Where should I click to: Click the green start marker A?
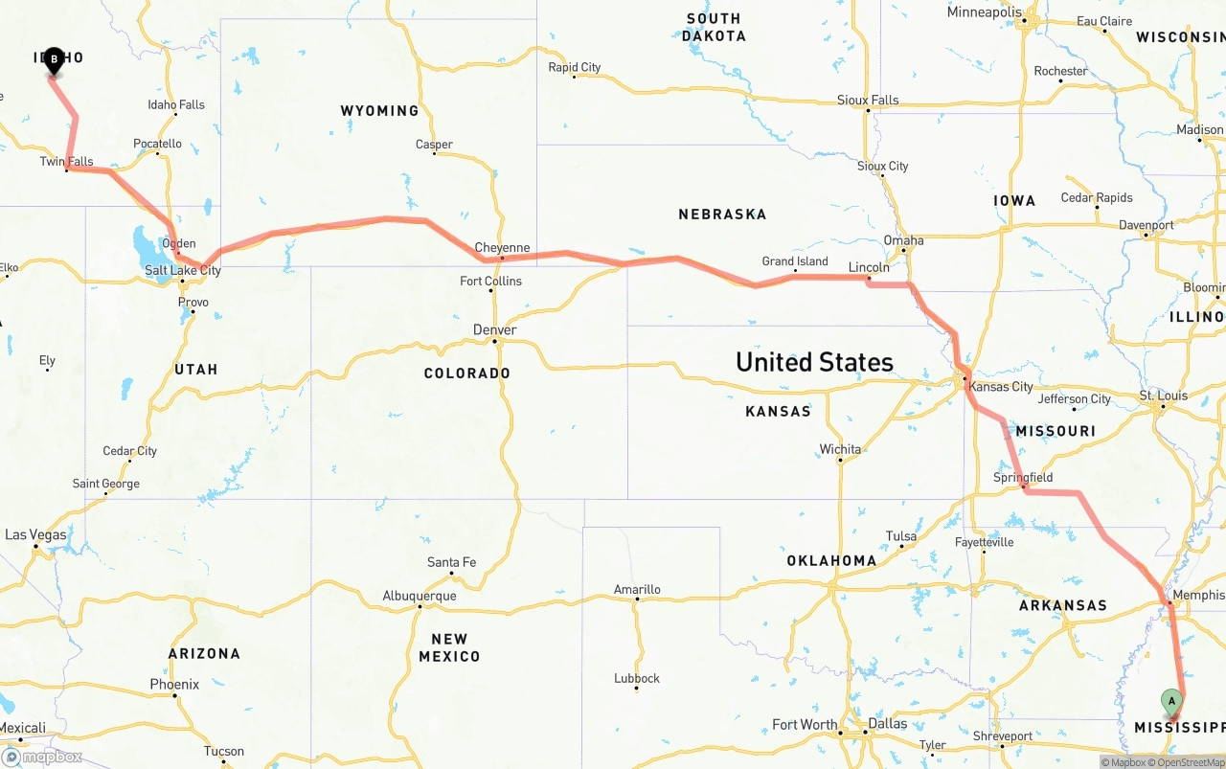(x=1170, y=702)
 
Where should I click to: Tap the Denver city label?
(x=494, y=330)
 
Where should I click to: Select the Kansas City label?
(x=1001, y=387)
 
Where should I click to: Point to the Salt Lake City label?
(x=182, y=271)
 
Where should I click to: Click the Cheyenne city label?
(x=502, y=248)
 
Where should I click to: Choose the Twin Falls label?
(x=67, y=162)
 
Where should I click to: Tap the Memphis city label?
(x=1198, y=596)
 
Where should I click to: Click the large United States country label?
(x=814, y=362)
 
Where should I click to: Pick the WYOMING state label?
(x=379, y=111)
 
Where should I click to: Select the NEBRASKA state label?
(x=722, y=215)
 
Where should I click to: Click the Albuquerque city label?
(x=420, y=596)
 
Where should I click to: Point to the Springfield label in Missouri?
(x=1023, y=478)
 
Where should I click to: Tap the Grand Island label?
(x=795, y=261)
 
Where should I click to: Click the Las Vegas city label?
(x=36, y=535)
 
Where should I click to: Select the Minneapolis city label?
(x=986, y=12)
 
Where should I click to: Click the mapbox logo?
(x=42, y=758)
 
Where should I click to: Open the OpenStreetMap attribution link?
(x=1189, y=762)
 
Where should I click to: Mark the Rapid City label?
(x=575, y=68)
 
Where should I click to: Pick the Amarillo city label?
(x=637, y=590)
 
